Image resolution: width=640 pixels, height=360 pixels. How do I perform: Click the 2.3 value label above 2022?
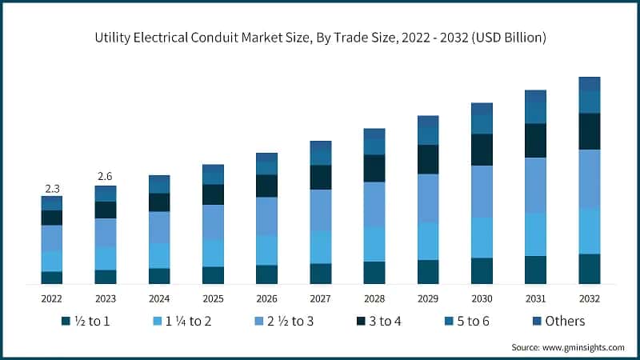pos(52,189)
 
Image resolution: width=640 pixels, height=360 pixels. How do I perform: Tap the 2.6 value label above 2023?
pos(106,176)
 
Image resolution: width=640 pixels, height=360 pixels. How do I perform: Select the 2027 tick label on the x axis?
pos(320,298)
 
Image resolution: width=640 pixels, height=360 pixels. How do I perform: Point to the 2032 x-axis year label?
pos(589,298)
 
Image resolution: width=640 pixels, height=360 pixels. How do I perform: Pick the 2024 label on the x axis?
pos(159,298)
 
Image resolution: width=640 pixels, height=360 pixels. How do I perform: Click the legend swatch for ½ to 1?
pos(66,322)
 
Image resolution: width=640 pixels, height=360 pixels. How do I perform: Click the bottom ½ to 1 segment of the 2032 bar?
pos(589,269)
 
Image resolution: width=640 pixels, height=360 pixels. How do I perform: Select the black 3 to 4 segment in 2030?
pos(482,150)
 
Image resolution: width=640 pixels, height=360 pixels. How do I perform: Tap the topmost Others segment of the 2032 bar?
pos(589,84)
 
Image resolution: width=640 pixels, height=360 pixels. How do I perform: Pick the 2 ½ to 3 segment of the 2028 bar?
pos(374,204)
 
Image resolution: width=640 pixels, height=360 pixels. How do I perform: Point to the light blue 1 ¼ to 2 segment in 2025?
pos(213,253)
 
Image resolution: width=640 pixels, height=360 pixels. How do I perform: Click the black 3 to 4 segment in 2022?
pos(52,218)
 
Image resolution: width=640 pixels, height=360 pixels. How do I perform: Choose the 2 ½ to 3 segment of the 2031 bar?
pos(535,185)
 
